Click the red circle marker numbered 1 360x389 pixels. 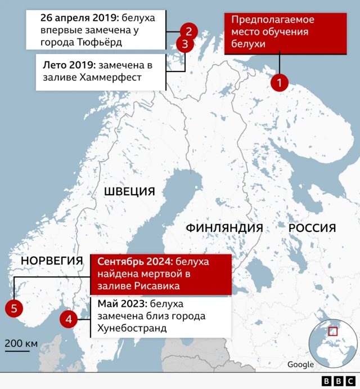pyautogui.click(x=279, y=82)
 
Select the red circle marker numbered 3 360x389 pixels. pyautogui.click(x=184, y=44)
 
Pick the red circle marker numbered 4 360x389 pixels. pyautogui.click(x=69, y=319)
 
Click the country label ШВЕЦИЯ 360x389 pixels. pyautogui.click(x=129, y=192)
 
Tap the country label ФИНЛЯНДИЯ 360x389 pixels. pyautogui.click(x=224, y=228)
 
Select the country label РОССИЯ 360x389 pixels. pyautogui.click(x=312, y=228)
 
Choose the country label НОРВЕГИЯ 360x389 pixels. pyautogui.click(x=52, y=261)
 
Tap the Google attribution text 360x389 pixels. pyautogui.click(x=300, y=364)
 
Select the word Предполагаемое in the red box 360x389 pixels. pyautogui.click(x=272, y=19)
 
